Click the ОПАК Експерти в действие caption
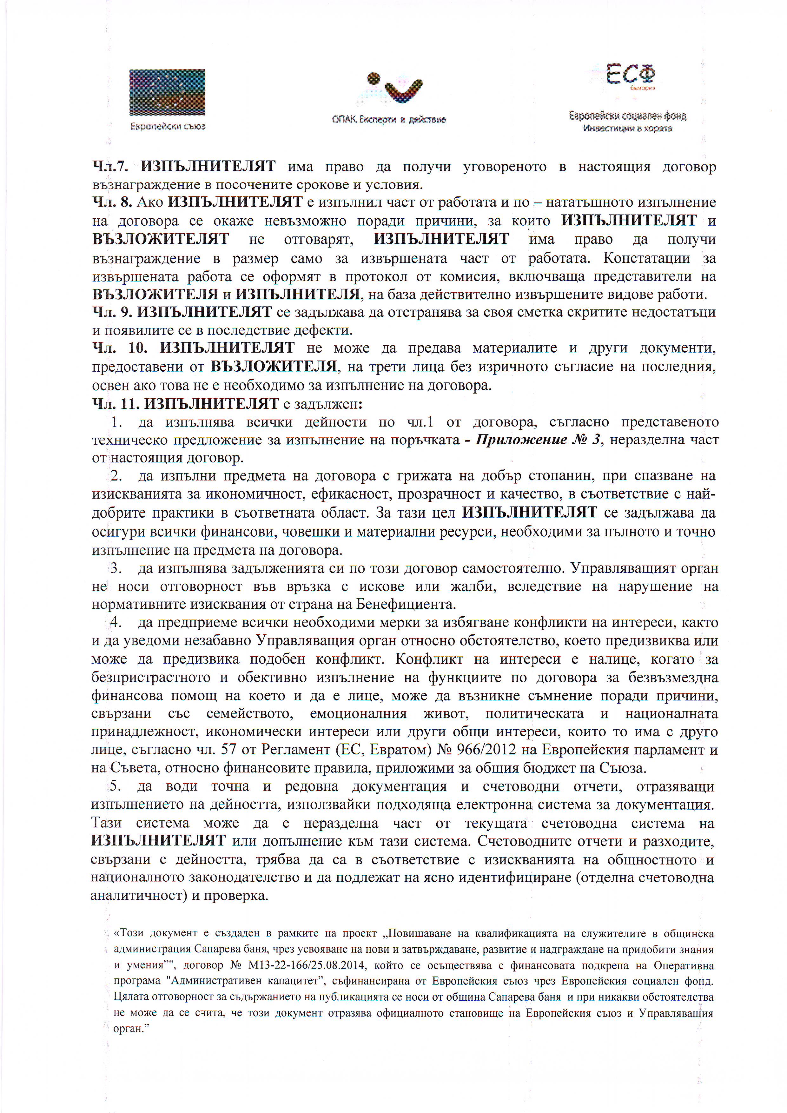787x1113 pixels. pyautogui.click(x=389, y=119)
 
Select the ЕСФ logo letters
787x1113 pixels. pyautogui.click(x=630, y=74)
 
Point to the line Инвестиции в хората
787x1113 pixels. pyautogui.click(x=628, y=129)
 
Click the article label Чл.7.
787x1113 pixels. pyautogui.click(x=110, y=167)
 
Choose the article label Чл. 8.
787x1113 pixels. pyautogui.click(x=112, y=202)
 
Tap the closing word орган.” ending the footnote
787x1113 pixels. pyautogui.click(x=129, y=1029)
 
